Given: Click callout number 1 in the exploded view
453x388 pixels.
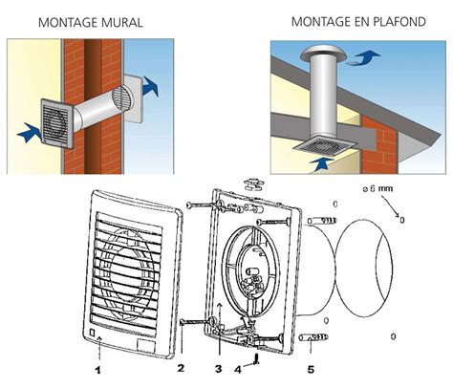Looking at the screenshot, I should [x=97, y=367].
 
